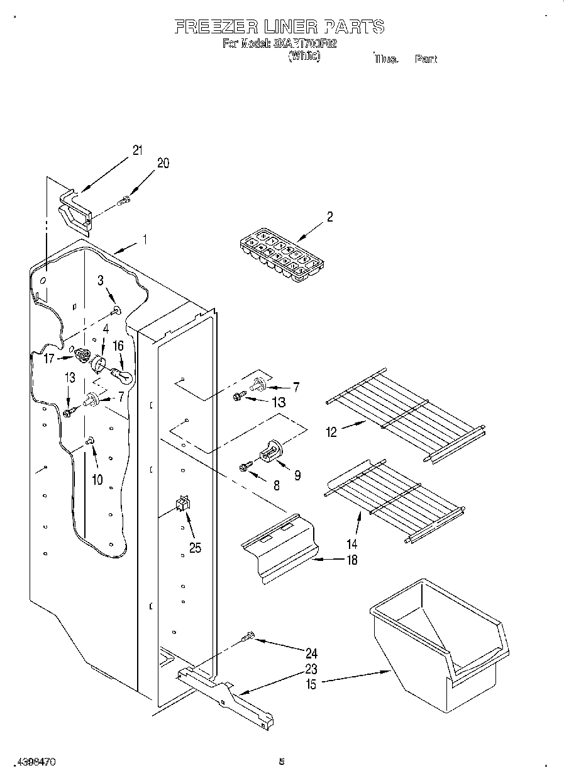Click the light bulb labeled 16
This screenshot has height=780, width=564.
point(123,376)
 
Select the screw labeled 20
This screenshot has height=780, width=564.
point(124,201)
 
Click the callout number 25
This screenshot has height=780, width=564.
point(195,547)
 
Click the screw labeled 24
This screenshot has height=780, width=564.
point(247,639)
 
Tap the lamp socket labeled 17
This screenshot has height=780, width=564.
point(80,356)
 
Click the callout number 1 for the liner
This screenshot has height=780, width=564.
point(145,239)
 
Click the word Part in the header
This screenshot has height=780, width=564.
point(426,59)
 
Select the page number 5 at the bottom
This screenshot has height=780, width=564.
point(282,762)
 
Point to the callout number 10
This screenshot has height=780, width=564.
point(97,479)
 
